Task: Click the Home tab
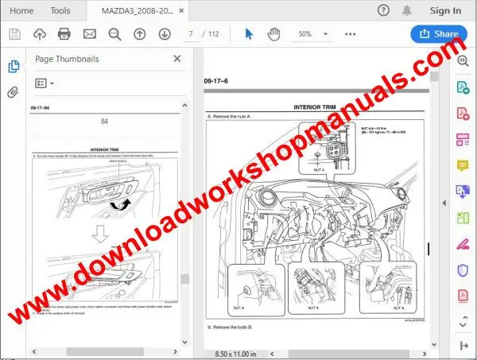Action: tap(21, 10)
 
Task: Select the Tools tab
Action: tap(60, 10)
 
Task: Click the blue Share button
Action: tap(439, 34)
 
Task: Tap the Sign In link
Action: tap(445, 10)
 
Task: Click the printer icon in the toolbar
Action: tap(64, 34)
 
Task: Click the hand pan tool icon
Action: tap(274, 34)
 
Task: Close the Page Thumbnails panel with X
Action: tap(176, 59)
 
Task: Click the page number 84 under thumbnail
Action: tap(105, 122)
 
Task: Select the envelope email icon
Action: tap(89, 34)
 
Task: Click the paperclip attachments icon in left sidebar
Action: tap(13, 92)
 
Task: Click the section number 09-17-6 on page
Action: tap(216, 82)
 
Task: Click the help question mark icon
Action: tap(384, 10)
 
